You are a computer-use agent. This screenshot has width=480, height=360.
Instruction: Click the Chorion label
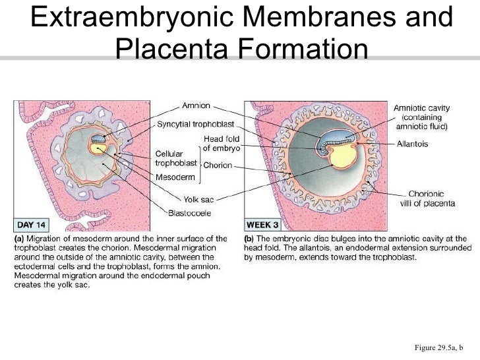click(218, 165)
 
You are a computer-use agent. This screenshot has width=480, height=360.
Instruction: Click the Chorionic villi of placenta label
click(431, 198)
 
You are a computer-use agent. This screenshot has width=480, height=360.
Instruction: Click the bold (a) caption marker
click(19, 238)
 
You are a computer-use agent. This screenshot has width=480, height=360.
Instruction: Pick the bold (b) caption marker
click(250, 238)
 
